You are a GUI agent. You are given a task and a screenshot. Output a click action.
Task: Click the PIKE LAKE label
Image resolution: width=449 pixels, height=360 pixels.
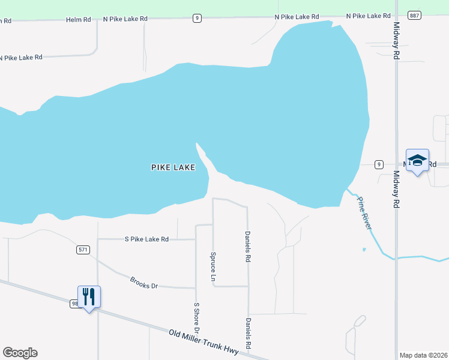(173, 167)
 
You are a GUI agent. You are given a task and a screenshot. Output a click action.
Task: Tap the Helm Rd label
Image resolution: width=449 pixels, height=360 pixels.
(79, 20)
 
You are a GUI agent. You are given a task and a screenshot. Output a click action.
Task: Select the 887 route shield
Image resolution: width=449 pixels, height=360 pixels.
(413, 16)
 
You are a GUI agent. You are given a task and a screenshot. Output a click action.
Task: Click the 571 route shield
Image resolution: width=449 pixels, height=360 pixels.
(83, 250)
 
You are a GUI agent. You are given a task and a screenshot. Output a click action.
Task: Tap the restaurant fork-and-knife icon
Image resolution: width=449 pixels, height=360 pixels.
(89, 296)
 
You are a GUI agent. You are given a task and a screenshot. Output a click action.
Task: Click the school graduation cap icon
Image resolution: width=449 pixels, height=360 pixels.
(417, 160)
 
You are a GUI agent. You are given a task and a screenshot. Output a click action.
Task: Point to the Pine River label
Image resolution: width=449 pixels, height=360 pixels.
(364, 213)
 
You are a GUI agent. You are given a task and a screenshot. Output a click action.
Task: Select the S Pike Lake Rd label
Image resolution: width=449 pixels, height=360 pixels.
(146, 239)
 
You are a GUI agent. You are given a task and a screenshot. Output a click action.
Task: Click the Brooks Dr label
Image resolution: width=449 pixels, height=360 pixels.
(144, 282)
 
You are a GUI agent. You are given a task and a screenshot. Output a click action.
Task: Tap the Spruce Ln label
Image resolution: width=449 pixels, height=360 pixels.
(212, 266)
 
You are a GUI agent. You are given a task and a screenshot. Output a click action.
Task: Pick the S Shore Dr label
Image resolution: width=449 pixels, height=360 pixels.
(196, 319)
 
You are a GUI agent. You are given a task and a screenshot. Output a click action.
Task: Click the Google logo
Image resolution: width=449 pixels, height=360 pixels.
(20, 353)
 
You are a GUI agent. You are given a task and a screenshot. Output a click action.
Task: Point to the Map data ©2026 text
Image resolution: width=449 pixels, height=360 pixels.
(424, 355)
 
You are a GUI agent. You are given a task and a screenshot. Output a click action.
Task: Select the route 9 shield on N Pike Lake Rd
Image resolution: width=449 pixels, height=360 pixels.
(197, 19)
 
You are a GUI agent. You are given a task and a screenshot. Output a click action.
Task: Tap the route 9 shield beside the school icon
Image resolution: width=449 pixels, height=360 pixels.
(378, 164)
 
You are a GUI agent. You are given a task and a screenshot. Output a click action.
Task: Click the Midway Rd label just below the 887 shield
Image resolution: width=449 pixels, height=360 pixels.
(397, 41)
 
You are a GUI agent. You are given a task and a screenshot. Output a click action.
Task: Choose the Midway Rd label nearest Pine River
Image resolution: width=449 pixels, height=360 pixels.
(396, 189)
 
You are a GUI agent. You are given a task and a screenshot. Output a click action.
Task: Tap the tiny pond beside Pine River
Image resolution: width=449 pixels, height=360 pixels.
(364, 250)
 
